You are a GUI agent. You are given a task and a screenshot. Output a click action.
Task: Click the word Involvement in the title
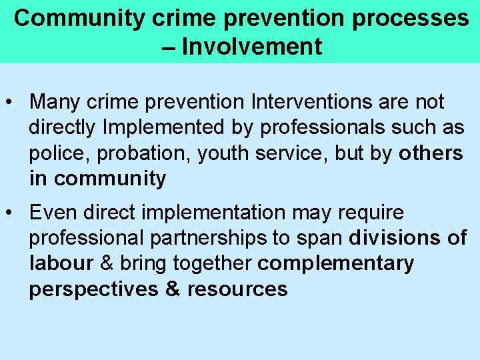[x=251, y=47]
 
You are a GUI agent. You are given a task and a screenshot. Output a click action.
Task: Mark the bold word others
[x=431, y=153]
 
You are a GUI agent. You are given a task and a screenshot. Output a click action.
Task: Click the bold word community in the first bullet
[x=110, y=179]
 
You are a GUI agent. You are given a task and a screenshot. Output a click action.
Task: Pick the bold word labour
[x=61, y=263]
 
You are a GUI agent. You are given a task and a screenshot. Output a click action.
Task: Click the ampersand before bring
[x=106, y=263]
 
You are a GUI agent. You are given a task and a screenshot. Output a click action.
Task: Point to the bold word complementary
[x=335, y=263]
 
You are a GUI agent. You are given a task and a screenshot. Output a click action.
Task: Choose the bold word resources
[x=237, y=289]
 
